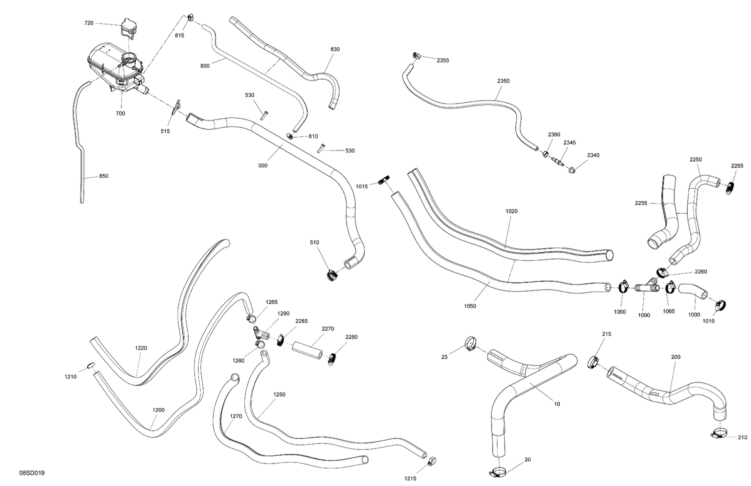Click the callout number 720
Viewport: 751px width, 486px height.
tap(89, 23)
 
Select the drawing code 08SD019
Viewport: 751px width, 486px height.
tap(32, 473)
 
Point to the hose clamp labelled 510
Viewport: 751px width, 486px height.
tap(332, 275)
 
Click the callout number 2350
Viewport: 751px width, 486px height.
tap(503, 81)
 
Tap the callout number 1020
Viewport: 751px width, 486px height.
tap(511, 211)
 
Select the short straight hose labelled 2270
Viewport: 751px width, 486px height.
tap(307, 350)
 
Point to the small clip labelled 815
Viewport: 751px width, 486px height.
tap(190, 17)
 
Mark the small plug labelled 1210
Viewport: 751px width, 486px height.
tap(91, 365)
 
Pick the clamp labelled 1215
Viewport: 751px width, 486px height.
tap(432, 461)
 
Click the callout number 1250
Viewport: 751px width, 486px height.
tap(279, 394)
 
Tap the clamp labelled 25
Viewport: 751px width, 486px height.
tap(471, 343)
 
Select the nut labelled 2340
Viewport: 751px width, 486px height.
tap(571, 170)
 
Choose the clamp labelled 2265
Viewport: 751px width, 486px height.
tap(728, 188)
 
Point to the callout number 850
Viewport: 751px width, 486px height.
tap(104, 176)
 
